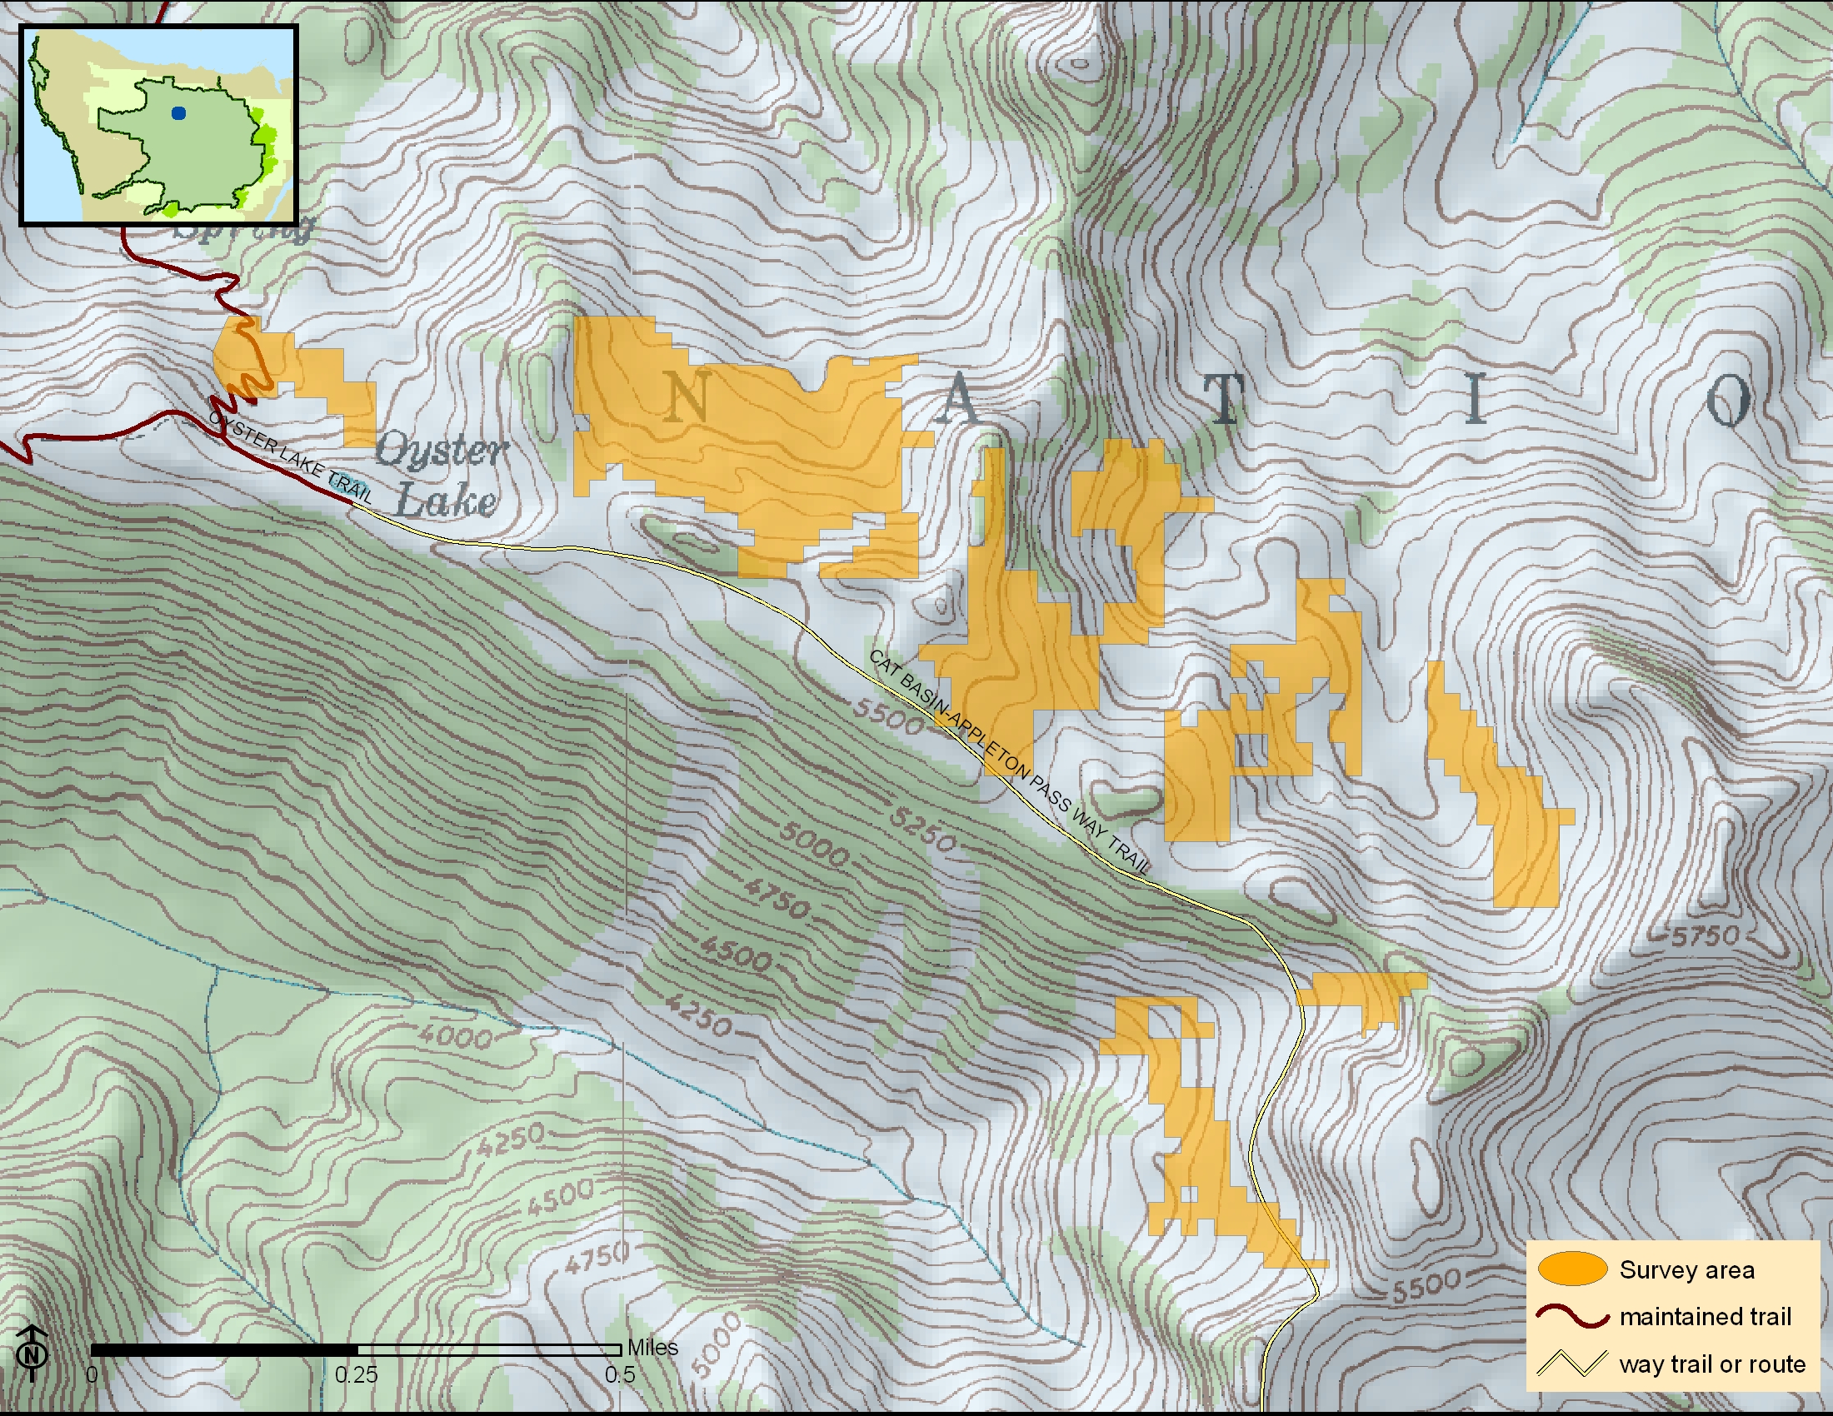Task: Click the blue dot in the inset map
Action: pyautogui.click(x=177, y=113)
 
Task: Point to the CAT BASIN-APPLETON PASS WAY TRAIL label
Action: pyautogui.click(x=1008, y=761)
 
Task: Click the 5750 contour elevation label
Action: pyautogui.click(x=1706, y=936)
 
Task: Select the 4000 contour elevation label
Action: pyautogui.click(x=455, y=1037)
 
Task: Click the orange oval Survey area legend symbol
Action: pyautogui.click(x=1572, y=1269)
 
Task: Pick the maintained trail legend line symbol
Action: pyautogui.click(x=1572, y=1316)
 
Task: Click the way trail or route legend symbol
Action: pyautogui.click(x=1572, y=1364)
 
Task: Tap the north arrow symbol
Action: pyautogui.click(x=32, y=1352)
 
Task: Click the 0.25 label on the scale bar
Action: pyautogui.click(x=357, y=1375)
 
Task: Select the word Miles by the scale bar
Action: pyautogui.click(x=653, y=1347)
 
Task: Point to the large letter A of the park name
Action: pyautogui.click(x=958, y=400)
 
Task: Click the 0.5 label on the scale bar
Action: pyautogui.click(x=619, y=1375)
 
